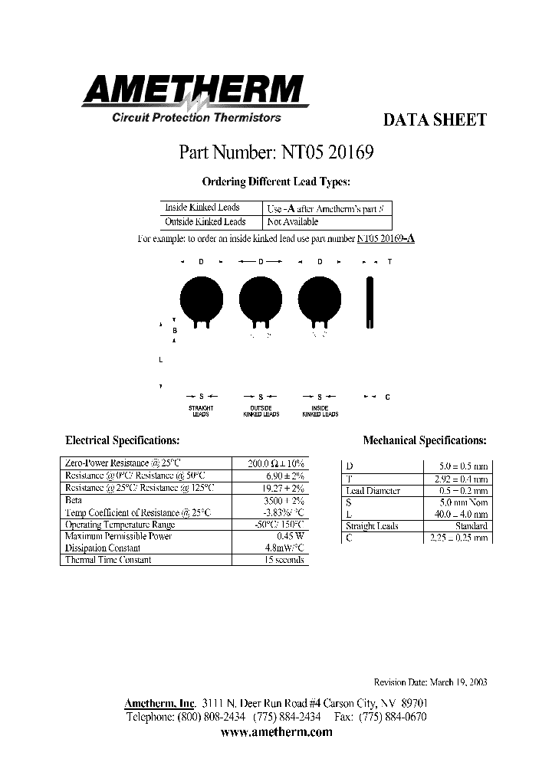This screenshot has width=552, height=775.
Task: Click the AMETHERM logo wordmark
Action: (x=194, y=91)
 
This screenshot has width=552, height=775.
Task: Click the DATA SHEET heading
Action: (x=434, y=120)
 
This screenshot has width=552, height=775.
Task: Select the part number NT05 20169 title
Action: (x=276, y=152)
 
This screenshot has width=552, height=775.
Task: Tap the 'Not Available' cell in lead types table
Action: (x=292, y=222)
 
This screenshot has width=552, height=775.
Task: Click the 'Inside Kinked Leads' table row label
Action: (x=202, y=208)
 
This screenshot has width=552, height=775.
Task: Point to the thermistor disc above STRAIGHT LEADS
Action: (x=200, y=297)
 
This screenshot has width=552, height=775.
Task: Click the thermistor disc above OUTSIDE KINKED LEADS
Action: (x=261, y=297)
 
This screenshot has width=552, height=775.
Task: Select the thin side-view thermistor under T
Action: (x=370, y=302)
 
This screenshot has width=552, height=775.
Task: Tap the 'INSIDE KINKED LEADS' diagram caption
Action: (x=320, y=411)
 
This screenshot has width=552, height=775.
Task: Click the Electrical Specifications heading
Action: (x=123, y=441)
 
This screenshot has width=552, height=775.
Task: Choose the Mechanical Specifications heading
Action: (x=424, y=441)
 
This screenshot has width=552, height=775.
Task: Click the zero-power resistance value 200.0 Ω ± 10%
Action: (x=276, y=464)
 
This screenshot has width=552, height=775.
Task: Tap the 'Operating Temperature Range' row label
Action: (x=120, y=525)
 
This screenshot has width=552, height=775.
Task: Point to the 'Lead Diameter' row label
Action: (x=373, y=491)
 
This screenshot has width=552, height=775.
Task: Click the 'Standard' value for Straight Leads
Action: (x=470, y=526)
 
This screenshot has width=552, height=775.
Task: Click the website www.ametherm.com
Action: (x=276, y=732)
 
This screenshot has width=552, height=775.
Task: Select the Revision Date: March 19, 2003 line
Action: (x=430, y=682)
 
